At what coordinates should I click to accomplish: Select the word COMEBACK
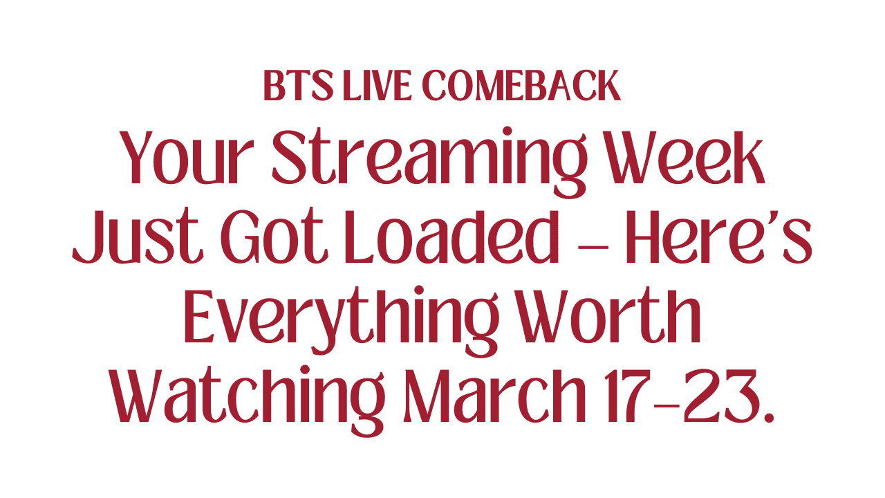pyautogui.click(x=521, y=86)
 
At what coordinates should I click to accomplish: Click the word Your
pyautogui.click(x=185, y=157)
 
